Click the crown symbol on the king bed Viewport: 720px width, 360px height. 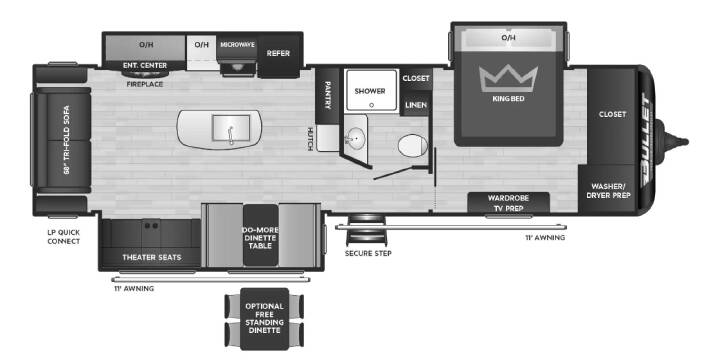pyautogui.click(x=508, y=79)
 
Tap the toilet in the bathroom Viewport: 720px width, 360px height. pyautogui.click(x=413, y=146)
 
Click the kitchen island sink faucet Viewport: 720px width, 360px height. pyautogui.click(x=231, y=134)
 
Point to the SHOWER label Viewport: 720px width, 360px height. pyautogui.click(x=370, y=91)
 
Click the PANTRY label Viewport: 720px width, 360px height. pyautogui.click(x=328, y=96)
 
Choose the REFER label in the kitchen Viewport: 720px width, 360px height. pyautogui.click(x=278, y=53)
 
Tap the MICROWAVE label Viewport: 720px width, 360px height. pyautogui.click(x=237, y=45)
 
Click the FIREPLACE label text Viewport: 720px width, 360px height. pyautogui.click(x=145, y=84)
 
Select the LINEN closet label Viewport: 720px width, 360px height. pyautogui.click(x=416, y=105)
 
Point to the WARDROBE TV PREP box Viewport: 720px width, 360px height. pyautogui.click(x=508, y=202)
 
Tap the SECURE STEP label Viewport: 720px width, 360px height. pyautogui.click(x=368, y=253)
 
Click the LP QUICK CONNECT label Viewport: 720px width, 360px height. pyautogui.click(x=64, y=237)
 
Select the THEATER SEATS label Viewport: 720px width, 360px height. pyautogui.click(x=152, y=257)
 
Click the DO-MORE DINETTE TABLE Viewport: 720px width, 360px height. pyautogui.click(x=261, y=235)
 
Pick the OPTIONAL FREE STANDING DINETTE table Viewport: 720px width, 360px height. pyautogui.click(x=264, y=319)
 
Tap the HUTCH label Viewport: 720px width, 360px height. pyautogui.click(x=310, y=139)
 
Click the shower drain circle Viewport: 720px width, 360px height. pyautogui.click(x=371, y=105)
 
